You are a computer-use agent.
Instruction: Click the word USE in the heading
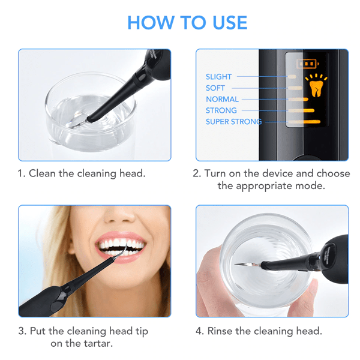(x=230, y=23)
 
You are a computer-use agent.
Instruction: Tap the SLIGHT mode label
(x=218, y=77)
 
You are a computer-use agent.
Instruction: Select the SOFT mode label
(x=215, y=88)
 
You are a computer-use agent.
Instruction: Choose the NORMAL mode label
(x=222, y=99)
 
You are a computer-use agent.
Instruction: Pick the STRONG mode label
(x=221, y=110)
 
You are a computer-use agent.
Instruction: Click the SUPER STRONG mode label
(x=234, y=122)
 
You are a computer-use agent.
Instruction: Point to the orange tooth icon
(x=316, y=86)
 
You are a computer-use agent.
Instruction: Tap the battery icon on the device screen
(x=308, y=64)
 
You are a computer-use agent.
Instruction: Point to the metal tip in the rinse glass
(x=247, y=265)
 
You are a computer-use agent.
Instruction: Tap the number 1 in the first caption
(x=21, y=173)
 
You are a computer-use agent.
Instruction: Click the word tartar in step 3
(x=97, y=343)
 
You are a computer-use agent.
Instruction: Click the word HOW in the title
(x=151, y=23)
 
